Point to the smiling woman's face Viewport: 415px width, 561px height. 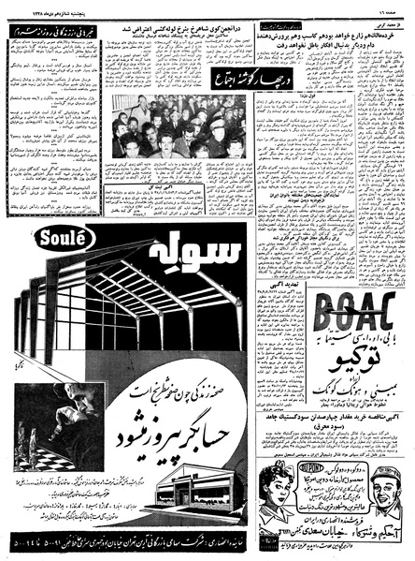coord(278,481)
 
